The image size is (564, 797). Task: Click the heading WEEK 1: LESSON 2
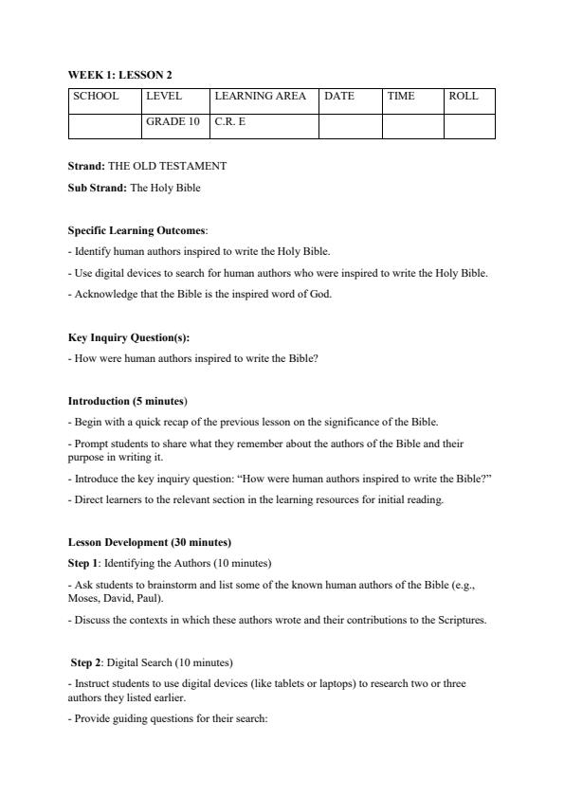pos(119,74)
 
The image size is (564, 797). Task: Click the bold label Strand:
pos(86,166)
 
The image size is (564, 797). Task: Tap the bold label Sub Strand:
pos(98,188)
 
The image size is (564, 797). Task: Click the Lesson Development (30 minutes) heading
pos(150,542)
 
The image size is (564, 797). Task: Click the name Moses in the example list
pos(81,599)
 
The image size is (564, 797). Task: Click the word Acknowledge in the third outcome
pos(99,294)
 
